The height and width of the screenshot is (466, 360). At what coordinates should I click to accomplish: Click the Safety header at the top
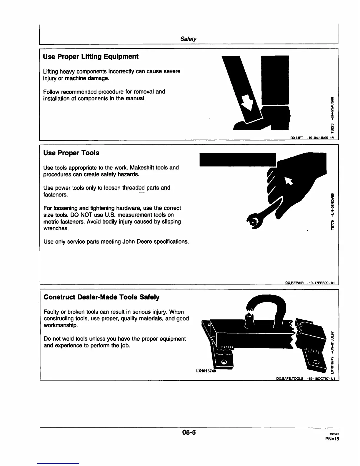[188, 39]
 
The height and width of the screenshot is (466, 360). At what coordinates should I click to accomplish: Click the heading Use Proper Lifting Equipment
[91, 56]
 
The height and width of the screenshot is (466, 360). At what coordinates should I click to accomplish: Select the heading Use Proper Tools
[71, 153]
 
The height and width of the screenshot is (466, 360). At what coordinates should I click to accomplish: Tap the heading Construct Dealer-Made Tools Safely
[101, 297]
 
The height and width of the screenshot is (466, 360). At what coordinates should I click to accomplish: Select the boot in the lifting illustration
[265, 119]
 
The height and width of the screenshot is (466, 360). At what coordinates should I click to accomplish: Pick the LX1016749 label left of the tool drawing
[206, 371]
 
